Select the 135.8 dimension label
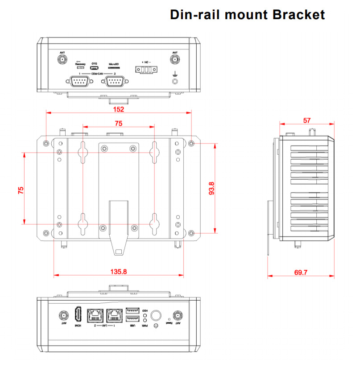click(x=118, y=271)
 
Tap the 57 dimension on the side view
click(x=306, y=120)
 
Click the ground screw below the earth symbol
click(x=175, y=81)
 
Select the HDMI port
click(x=78, y=315)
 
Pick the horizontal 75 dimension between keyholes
click(x=118, y=124)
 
